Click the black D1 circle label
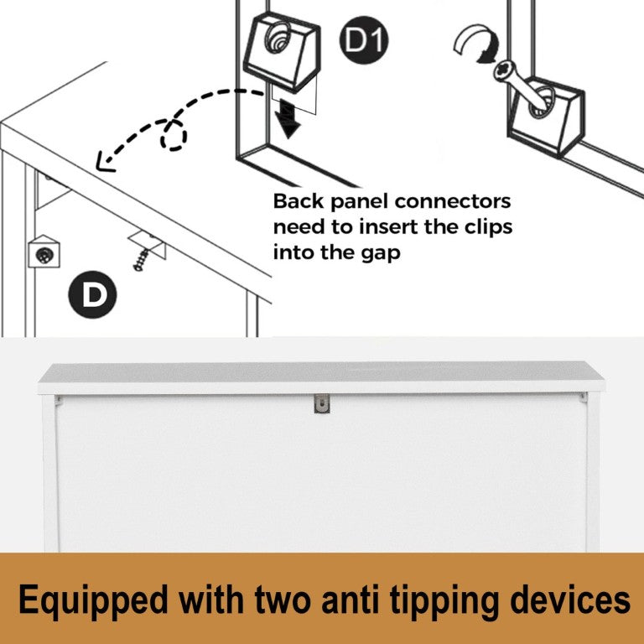tap(363, 40)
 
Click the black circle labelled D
tap(92, 294)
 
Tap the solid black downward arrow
tap(288, 120)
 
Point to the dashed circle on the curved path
tap(174, 135)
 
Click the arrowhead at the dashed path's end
tap(104, 162)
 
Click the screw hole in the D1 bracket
tap(278, 38)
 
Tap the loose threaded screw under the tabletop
tap(142, 260)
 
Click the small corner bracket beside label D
tap(44, 252)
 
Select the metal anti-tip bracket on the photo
tap(322, 403)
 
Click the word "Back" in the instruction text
tap(299, 201)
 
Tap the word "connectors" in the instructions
tap(453, 201)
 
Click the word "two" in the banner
tap(283, 600)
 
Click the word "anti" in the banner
tap(351, 600)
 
